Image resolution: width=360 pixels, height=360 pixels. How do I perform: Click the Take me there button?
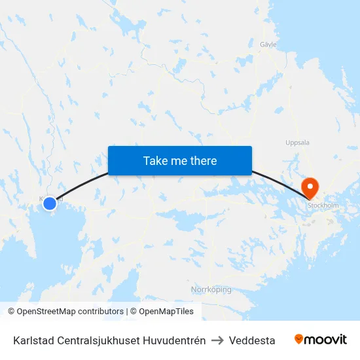pyautogui.click(x=180, y=160)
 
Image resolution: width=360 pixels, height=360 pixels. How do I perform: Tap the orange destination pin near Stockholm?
pyautogui.click(x=309, y=188)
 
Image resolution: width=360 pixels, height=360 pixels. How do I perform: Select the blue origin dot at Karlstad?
pyautogui.click(x=50, y=204)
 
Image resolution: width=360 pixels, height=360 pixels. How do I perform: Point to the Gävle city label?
pyautogui.click(x=268, y=45)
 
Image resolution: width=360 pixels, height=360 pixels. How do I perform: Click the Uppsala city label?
pyautogui.click(x=298, y=143)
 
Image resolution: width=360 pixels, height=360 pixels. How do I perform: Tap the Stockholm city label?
pyautogui.click(x=323, y=205)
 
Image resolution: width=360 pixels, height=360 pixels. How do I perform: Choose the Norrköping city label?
pyautogui.click(x=211, y=289)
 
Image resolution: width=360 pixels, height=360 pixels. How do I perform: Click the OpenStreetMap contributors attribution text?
pyautogui.click(x=69, y=312)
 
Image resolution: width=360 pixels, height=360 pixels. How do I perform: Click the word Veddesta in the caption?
pyautogui.click(x=252, y=340)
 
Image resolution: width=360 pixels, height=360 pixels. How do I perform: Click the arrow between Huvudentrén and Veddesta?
pyautogui.click(x=217, y=340)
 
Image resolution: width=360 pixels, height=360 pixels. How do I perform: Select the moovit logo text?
pyautogui.click(x=326, y=340)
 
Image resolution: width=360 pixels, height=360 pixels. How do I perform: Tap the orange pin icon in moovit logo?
pyautogui.click(x=299, y=340)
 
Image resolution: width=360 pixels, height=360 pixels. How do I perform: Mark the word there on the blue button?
pyautogui.click(x=202, y=160)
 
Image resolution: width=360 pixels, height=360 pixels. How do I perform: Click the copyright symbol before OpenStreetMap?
pyautogui.click(x=11, y=312)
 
